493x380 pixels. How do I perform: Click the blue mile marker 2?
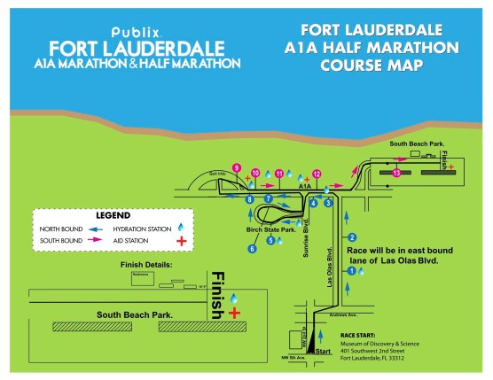(x=352, y=237)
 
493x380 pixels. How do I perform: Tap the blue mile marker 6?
(x=252, y=250)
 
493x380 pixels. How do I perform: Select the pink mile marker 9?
(x=237, y=168)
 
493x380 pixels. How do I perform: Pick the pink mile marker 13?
(x=396, y=172)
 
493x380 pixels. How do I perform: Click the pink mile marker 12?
(x=317, y=174)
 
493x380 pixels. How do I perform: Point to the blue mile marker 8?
(x=251, y=199)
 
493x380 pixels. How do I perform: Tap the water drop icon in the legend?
(x=182, y=227)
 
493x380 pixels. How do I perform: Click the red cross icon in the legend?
(x=182, y=240)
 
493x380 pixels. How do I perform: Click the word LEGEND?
(x=110, y=215)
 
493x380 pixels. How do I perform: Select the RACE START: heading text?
(x=364, y=337)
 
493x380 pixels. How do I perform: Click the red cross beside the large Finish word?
(x=234, y=313)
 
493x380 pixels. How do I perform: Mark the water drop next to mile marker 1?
(x=362, y=272)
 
